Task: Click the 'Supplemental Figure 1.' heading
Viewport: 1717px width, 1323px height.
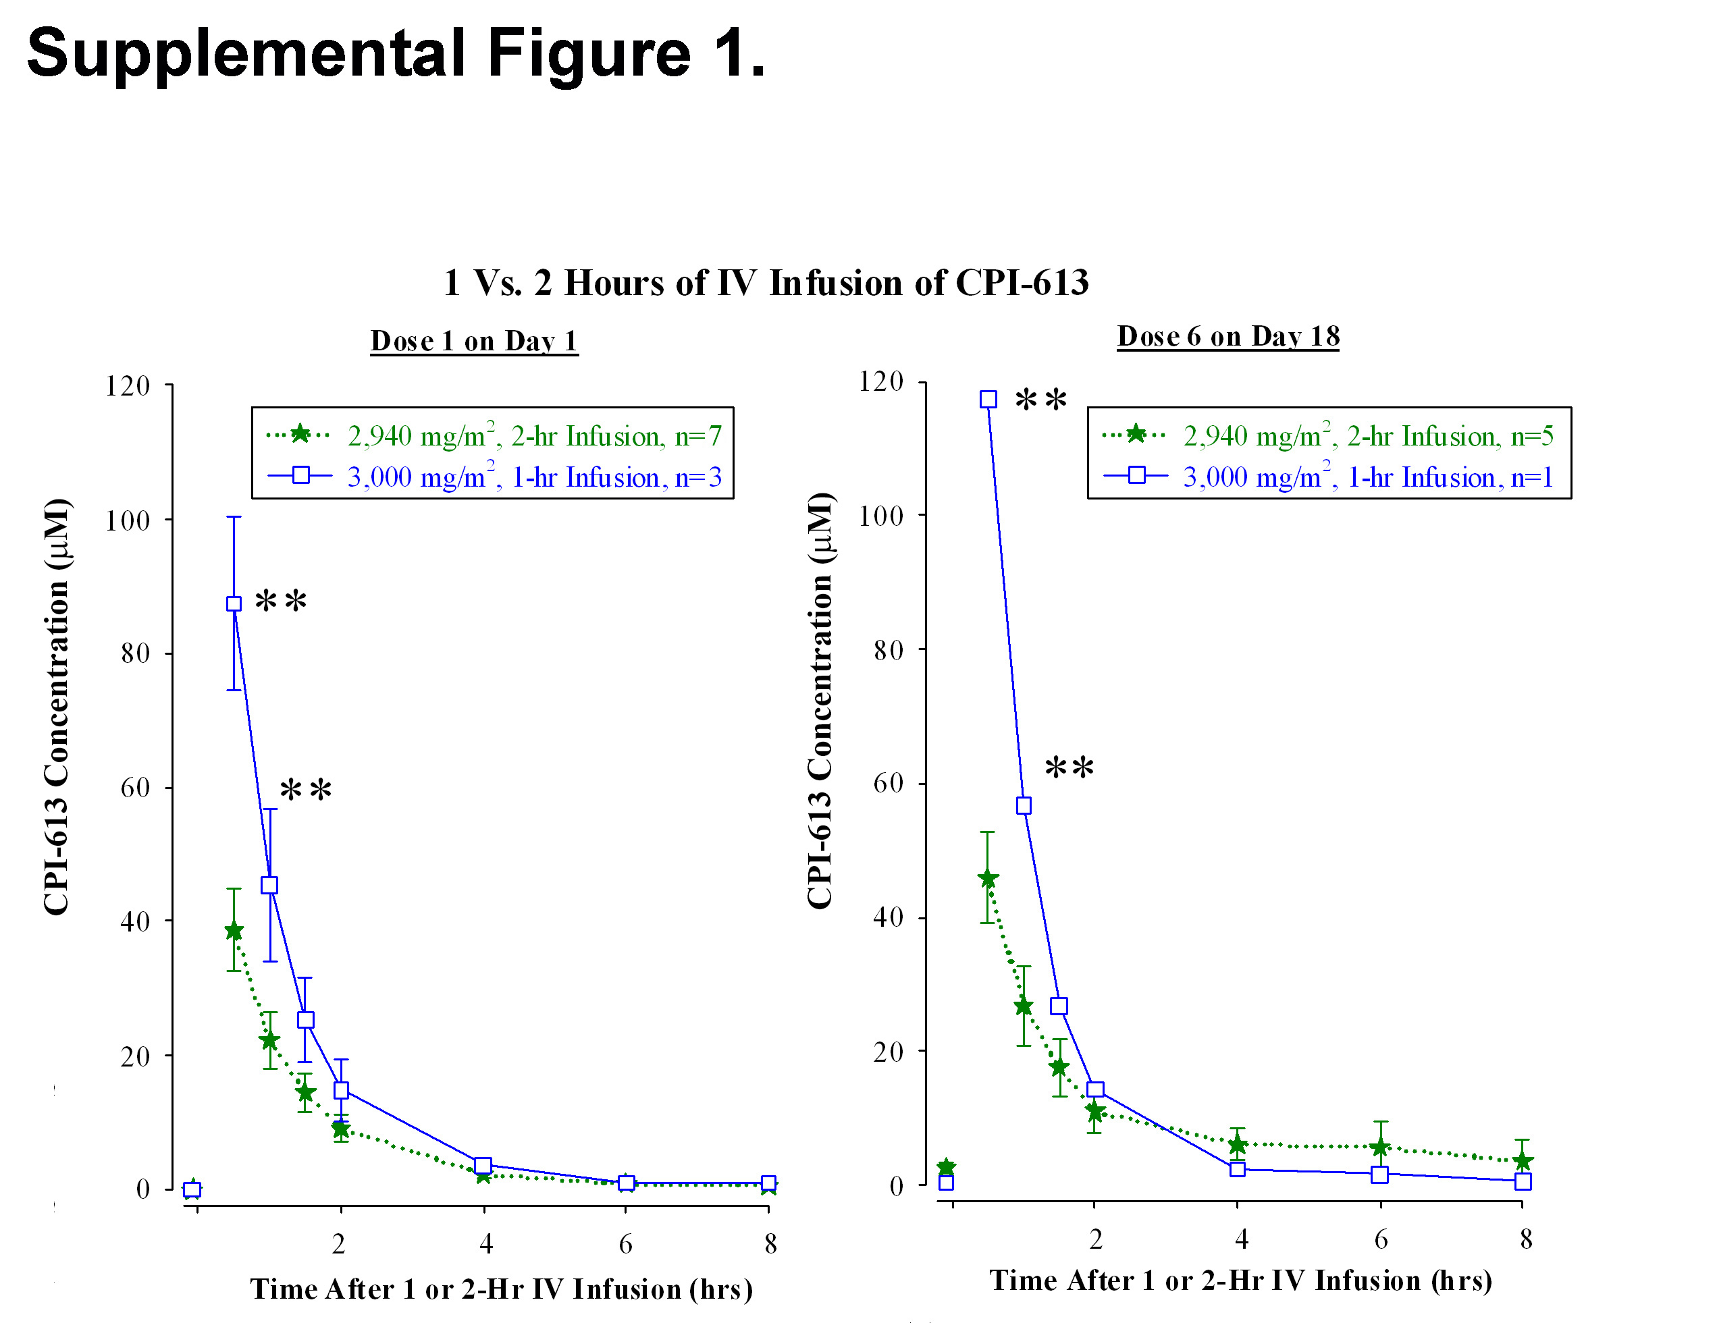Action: (396, 53)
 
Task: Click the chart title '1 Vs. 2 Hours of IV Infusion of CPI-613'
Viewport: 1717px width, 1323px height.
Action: (766, 283)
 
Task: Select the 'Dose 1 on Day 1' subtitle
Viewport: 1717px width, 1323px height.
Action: (474, 341)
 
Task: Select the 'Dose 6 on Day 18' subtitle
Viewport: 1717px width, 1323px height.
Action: (1227, 336)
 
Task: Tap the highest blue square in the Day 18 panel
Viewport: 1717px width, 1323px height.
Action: (988, 400)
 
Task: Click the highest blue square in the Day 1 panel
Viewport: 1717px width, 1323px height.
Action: (234, 603)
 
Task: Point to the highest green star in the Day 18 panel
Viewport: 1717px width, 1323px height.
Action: (988, 879)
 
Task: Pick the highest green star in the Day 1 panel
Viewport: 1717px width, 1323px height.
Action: (234, 932)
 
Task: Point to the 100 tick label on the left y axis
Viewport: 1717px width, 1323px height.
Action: (128, 520)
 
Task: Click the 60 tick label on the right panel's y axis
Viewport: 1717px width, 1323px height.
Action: (888, 783)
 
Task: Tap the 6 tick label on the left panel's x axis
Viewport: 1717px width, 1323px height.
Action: (626, 1243)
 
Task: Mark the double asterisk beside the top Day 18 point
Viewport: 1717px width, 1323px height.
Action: (1041, 401)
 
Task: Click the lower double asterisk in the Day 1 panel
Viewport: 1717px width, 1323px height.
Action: (306, 790)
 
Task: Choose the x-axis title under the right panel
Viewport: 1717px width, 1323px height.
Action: (1240, 1280)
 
